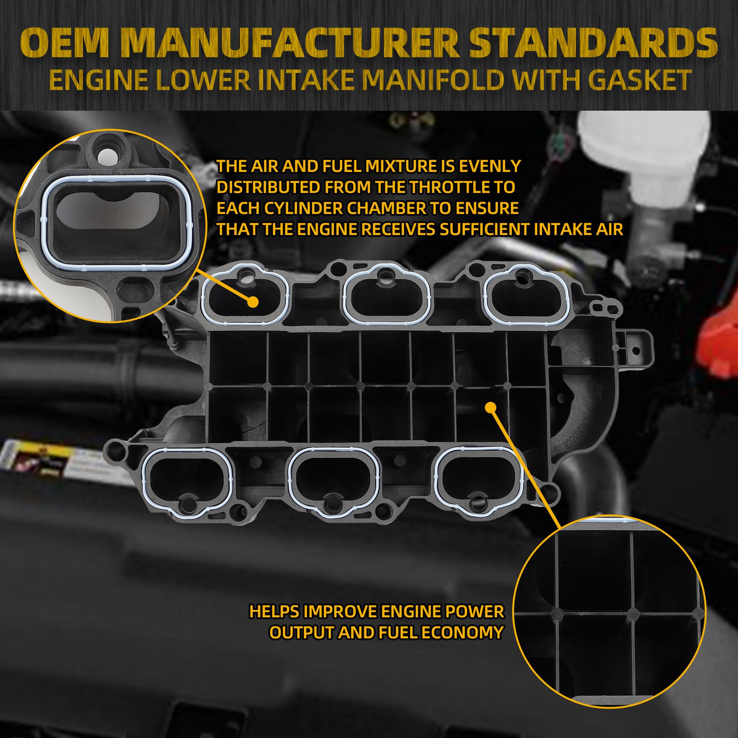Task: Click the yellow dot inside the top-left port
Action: (x=252, y=302)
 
